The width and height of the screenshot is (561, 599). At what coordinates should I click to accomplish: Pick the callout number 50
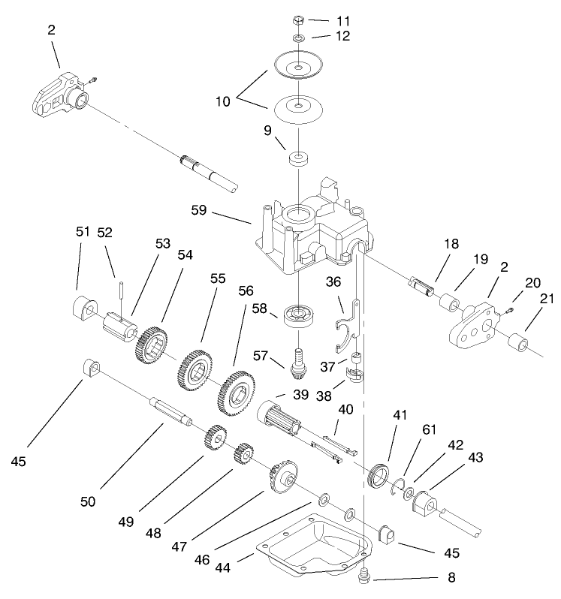point(89,501)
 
